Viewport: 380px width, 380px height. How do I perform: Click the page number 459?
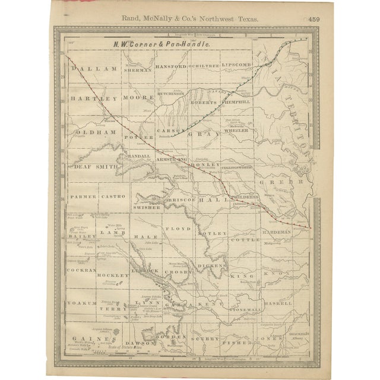[x=313, y=19]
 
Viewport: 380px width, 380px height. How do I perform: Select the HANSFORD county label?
[x=171, y=66]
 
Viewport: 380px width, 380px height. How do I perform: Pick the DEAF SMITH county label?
[x=95, y=167]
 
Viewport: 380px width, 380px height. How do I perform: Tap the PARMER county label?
[x=81, y=195]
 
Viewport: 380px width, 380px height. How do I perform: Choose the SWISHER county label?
[x=148, y=208]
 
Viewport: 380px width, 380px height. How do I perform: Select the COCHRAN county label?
[x=81, y=270]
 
